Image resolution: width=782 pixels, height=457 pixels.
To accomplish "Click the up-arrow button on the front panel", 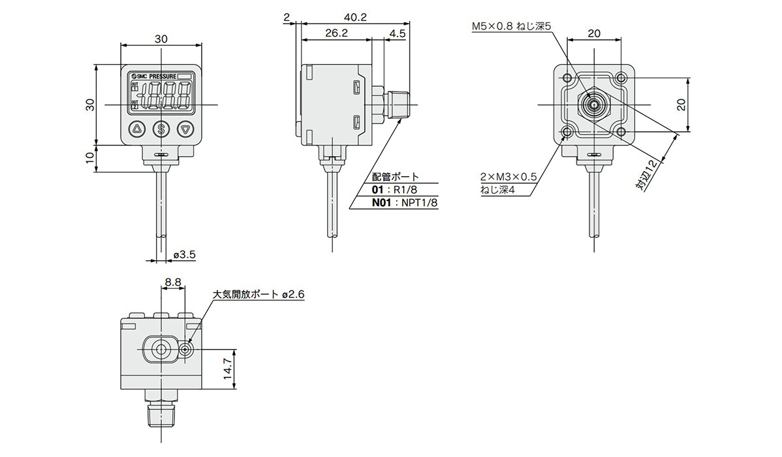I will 137,129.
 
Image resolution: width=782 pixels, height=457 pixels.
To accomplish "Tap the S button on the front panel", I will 161,129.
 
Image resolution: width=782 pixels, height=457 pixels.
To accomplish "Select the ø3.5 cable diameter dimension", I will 185,255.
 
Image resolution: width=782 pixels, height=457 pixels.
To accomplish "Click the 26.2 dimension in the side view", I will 335,33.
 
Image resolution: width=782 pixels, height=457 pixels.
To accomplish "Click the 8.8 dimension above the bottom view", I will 173,282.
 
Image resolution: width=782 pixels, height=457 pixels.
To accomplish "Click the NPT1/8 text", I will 420,203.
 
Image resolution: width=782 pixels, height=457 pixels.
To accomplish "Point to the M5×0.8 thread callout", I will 512,27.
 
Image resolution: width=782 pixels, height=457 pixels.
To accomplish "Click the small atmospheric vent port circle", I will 187,349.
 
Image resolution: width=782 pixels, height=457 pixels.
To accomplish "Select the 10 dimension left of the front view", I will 90,158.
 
